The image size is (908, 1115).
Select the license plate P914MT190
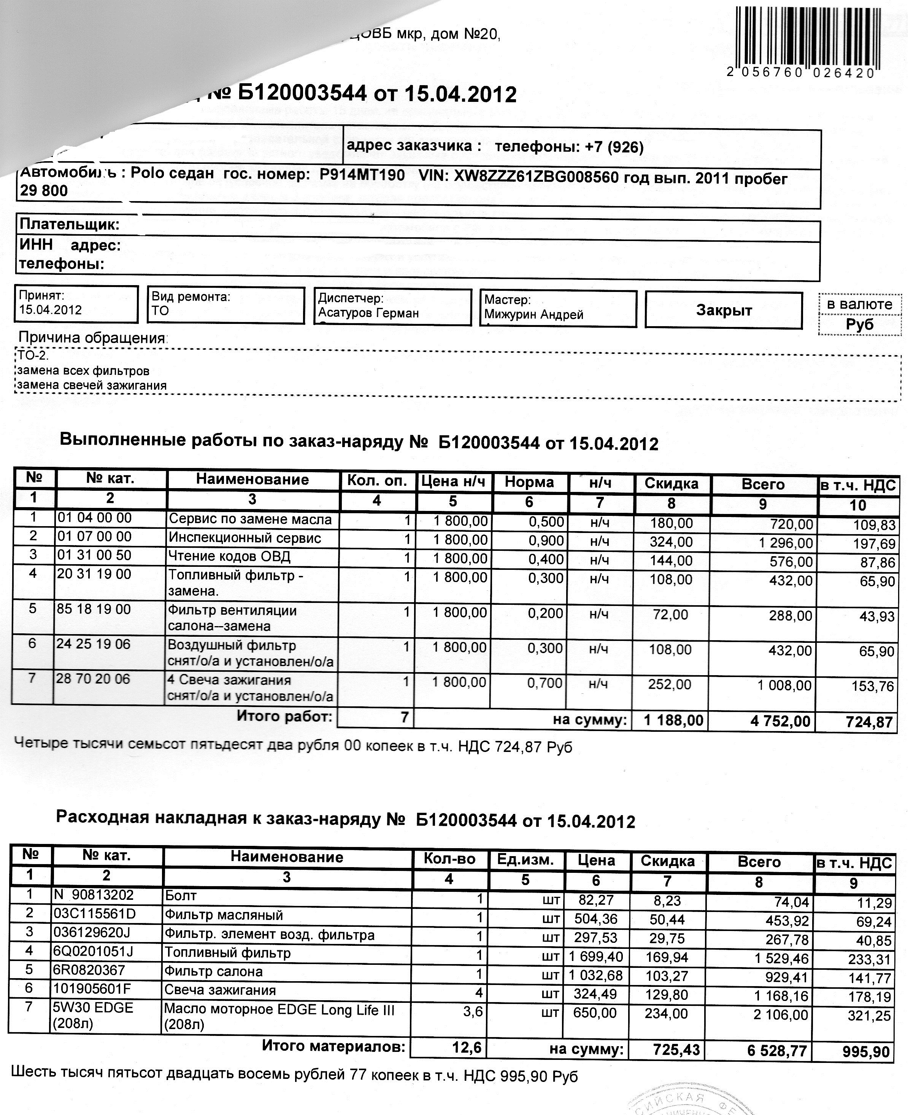[362, 175]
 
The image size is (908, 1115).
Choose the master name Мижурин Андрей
[533, 315]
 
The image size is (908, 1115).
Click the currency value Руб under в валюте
[859, 324]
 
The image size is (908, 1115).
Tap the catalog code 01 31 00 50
[94, 555]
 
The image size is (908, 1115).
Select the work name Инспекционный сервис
[244, 538]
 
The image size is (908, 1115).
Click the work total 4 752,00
[780, 722]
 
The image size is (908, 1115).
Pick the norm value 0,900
[546, 541]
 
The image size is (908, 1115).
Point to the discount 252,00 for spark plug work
[670, 685]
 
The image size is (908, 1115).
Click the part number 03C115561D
[94, 914]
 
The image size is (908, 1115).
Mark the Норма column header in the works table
[529, 482]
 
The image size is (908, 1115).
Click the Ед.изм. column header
[525, 860]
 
